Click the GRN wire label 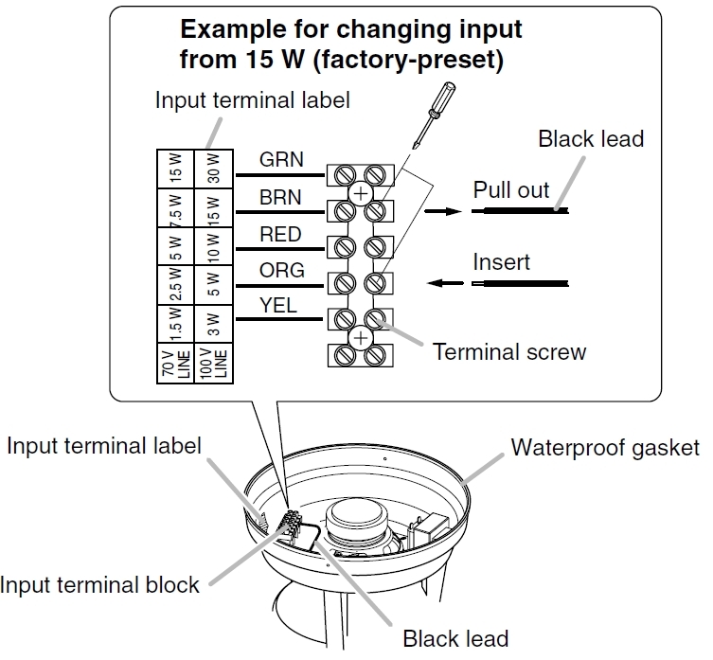(x=281, y=159)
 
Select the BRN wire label (x=281, y=197)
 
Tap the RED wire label (x=281, y=234)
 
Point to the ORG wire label (x=282, y=270)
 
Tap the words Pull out (x=511, y=189)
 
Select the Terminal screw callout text (x=509, y=352)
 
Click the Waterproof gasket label (x=606, y=447)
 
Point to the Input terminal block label (x=100, y=583)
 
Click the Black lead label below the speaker (x=455, y=638)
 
